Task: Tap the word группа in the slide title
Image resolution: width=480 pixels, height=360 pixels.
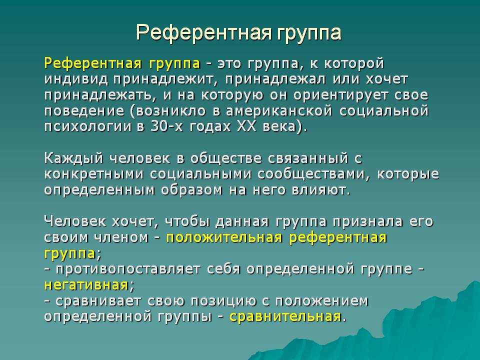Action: click(x=309, y=33)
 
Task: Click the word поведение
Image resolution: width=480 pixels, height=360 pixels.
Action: click(x=84, y=111)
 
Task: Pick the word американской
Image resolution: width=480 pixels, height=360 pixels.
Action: click(x=279, y=111)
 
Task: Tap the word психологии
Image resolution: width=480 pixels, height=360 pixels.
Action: click(x=87, y=126)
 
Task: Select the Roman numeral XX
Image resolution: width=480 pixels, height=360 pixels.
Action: click(x=246, y=126)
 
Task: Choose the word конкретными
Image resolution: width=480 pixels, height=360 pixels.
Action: click(x=94, y=174)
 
